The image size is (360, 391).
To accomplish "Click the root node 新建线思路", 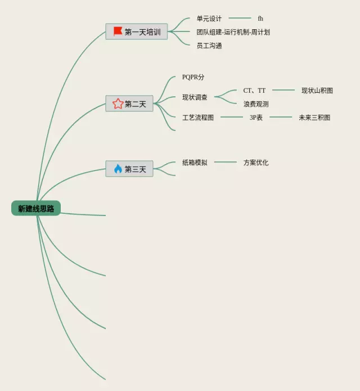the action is (36, 209).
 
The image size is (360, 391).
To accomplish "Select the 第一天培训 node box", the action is (137, 32).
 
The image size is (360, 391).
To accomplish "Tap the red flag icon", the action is (118, 32).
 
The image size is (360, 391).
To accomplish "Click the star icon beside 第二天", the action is (118, 104).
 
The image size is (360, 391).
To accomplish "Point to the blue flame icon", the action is (118, 169).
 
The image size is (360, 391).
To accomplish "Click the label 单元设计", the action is (209, 19).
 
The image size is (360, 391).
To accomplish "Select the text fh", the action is (260, 19).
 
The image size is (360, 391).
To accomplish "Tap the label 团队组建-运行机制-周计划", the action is (233, 32).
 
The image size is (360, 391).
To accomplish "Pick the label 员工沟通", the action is (209, 46).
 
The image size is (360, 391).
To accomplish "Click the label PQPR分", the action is (193, 77).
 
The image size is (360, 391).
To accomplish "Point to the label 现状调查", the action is (195, 97).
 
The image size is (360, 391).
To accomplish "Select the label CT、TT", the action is (254, 91).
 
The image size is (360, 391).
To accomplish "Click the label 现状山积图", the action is (317, 91).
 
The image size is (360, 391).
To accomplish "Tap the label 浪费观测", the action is (256, 104).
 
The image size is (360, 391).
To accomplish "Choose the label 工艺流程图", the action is (198, 118).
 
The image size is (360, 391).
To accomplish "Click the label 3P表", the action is (256, 118).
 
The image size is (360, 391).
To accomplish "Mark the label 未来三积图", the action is (314, 118).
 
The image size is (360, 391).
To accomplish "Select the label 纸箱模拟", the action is (195, 163).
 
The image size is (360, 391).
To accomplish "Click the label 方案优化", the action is (256, 163).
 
